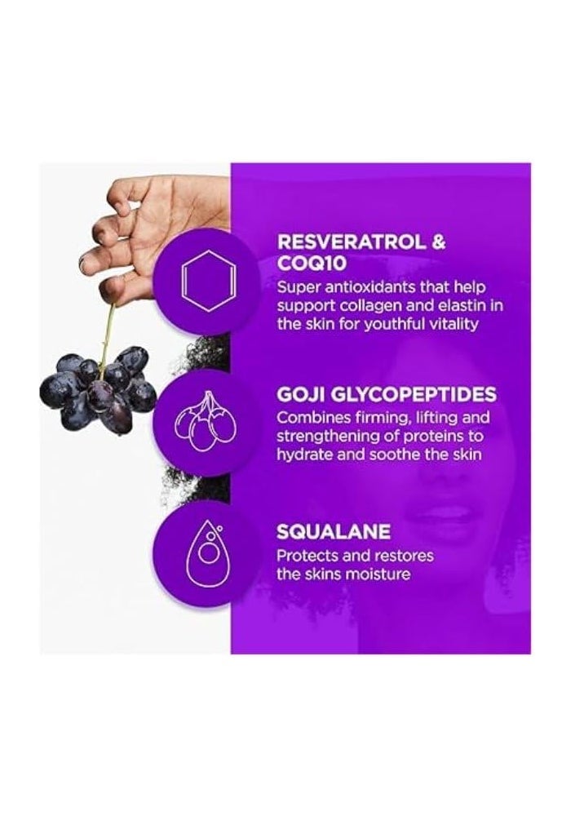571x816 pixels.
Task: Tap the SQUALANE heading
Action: pos(334,533)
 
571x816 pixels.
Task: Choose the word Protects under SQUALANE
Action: pos(308,557)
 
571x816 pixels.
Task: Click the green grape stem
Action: pos(107,335)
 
